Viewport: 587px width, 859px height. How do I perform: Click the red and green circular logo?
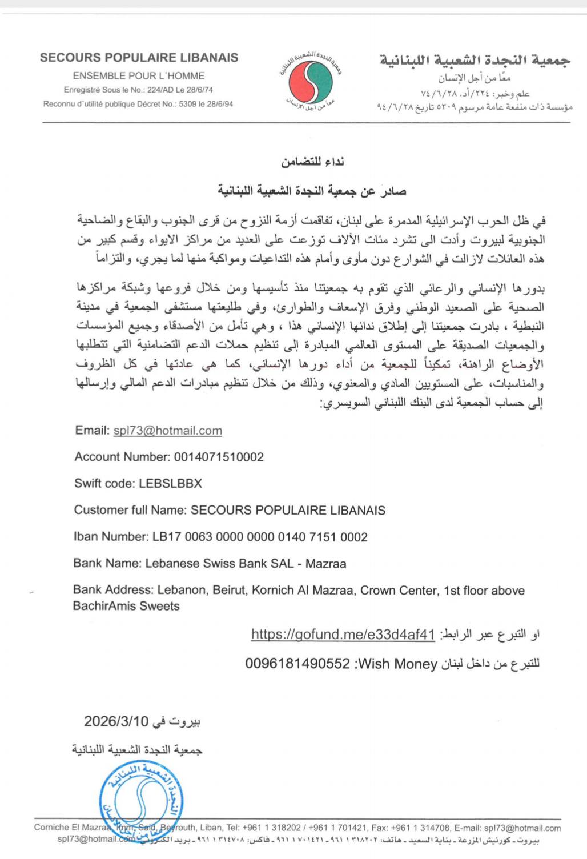[x=311, y=82]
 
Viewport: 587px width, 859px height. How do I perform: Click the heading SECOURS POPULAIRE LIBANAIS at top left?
[x=139, y=58]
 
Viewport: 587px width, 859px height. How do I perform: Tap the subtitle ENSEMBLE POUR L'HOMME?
[x=139, y=75]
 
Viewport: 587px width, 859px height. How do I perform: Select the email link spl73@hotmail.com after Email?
[x=168, y=431]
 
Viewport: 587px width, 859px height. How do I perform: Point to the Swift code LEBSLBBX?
[x=170, y=483]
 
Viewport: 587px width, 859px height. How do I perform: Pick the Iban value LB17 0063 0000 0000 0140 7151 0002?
[x=260, y=537]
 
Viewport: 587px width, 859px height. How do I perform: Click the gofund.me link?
[x=343, y=635]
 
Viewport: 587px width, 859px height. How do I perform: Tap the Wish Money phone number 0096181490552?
[x=297, y=664]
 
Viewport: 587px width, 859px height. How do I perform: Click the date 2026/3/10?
[x=116, y=721]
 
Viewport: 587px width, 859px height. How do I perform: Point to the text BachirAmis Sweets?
[x=126, y=606]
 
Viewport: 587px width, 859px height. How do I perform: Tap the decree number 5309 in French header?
[x=190, y=104]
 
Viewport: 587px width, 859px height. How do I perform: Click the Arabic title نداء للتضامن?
[x=312, y=162]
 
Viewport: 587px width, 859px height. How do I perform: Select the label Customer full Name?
[x=130, y=510]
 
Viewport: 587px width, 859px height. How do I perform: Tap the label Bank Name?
[x=107, y=564]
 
